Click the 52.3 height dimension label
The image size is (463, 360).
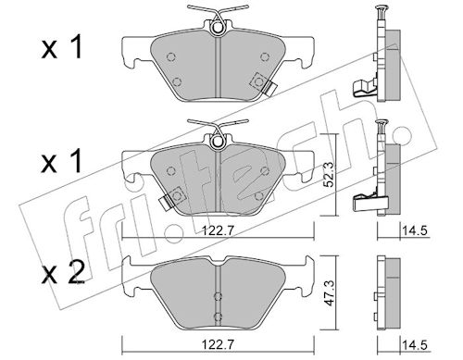(330, 175)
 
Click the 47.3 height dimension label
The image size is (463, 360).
(330, 293)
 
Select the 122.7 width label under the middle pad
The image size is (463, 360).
(219, 230)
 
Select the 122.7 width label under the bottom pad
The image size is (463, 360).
(219, 344)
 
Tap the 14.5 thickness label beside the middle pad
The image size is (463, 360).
(414, 230)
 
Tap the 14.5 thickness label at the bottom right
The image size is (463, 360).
(414, 345)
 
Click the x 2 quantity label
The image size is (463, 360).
(63, 272)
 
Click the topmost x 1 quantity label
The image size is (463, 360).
(62, 46)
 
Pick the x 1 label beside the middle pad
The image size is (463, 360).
(62, 161)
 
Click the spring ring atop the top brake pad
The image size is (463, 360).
(219, 28)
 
